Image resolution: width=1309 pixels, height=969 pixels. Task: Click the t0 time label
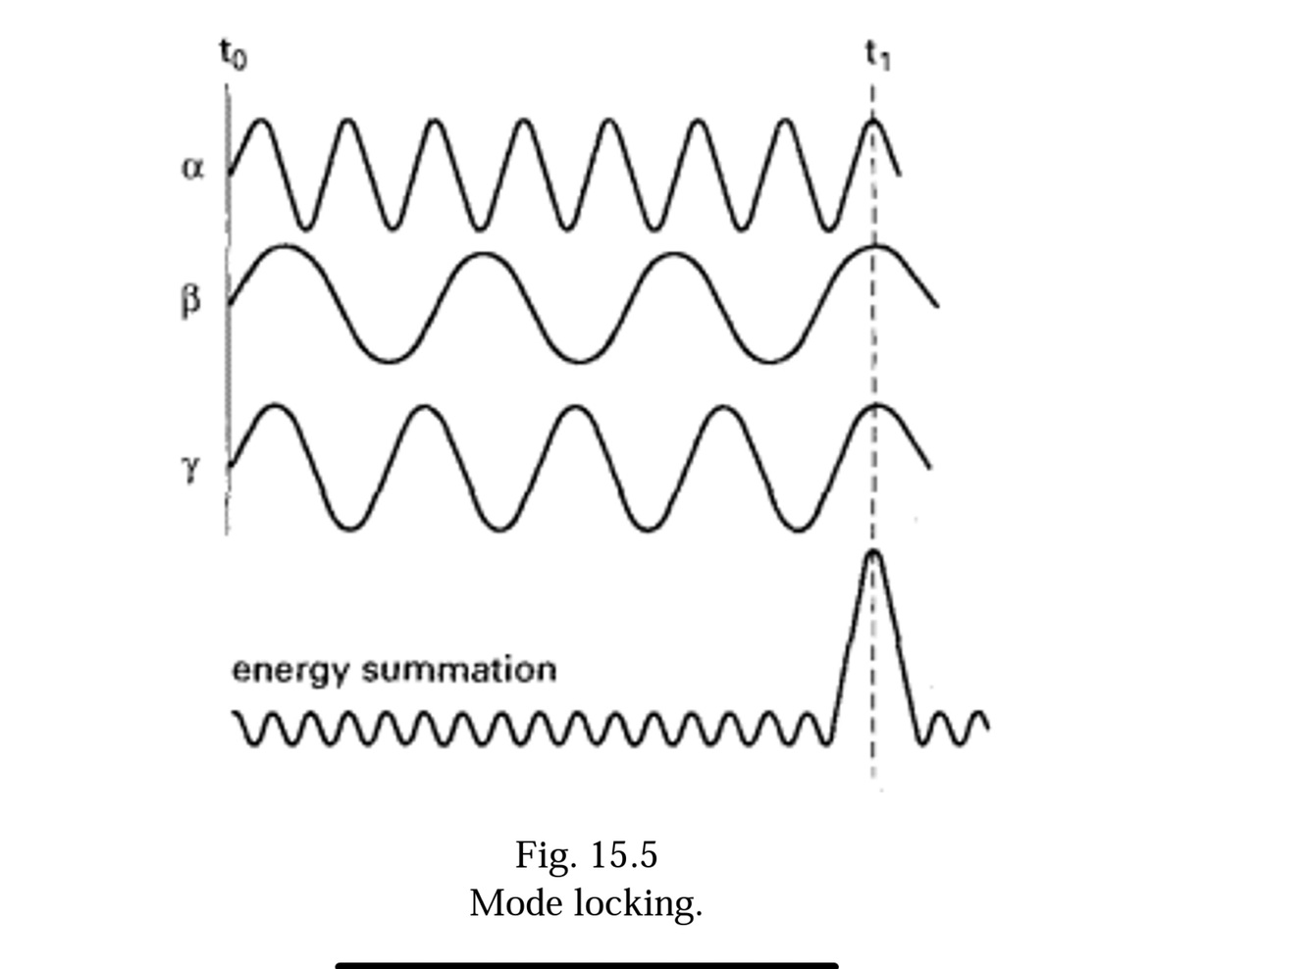point(233,55)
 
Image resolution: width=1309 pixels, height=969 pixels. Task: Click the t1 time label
point(877,55)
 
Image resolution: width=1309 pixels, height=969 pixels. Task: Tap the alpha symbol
point(193,168)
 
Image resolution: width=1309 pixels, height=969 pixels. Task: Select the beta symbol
point(191,300)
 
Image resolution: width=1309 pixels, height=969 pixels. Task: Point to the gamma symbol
point(191,469)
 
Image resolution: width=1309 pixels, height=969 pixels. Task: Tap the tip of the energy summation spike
point(872,554)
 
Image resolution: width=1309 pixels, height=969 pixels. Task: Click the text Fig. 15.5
point(586,855)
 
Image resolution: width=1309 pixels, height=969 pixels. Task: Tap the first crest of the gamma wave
point(276,406)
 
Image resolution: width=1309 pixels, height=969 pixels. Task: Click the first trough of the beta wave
point(391,361)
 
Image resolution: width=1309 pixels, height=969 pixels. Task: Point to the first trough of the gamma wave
point(349,529)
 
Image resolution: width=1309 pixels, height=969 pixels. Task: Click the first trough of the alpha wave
point(305,228)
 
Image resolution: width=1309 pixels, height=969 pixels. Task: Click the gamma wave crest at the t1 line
point(875,406)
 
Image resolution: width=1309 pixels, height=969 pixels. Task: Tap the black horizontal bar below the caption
point(587,965)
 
